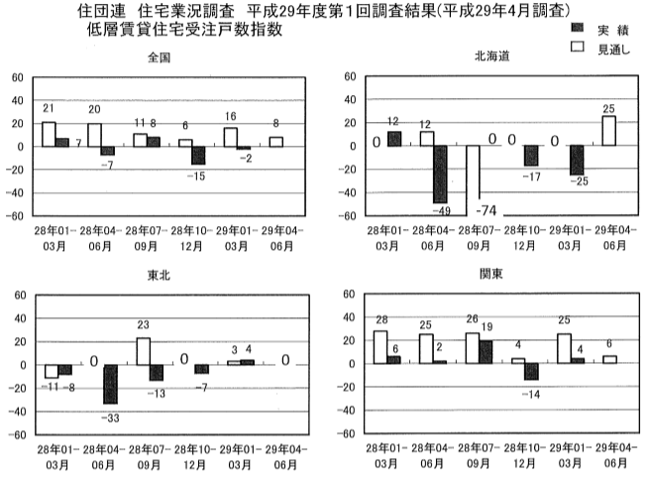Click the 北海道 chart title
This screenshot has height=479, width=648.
point(490,57)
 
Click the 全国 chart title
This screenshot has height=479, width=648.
point(159,57)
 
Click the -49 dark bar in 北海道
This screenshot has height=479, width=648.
point(441,175)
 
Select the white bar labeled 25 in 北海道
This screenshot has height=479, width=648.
point(609,132)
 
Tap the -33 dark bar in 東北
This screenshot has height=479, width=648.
point(111,383)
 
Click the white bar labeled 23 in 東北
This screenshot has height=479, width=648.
point(143,351)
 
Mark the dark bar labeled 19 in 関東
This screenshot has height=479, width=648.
point(486,352)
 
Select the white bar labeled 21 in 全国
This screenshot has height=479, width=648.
point(49,134)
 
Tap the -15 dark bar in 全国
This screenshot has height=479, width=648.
point(199,155)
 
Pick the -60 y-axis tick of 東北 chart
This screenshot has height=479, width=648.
point(15,434)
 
